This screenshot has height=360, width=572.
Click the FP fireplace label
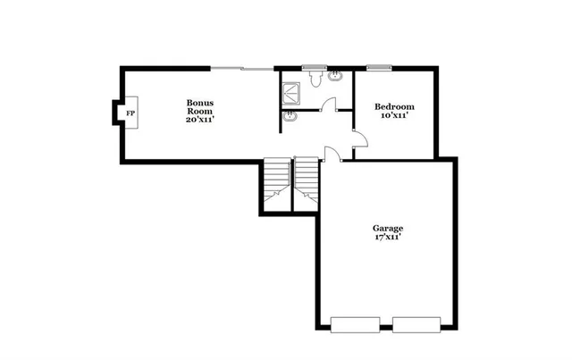(x=130, y=113)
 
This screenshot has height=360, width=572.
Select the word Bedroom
(x=394, y=106)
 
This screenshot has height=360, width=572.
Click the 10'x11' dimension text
(x=394, y=115)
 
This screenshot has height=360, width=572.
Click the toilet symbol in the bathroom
(x=315, y=80)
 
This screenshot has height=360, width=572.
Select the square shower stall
(x=291, y=90)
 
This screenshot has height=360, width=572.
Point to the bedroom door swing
(x=359, y=139)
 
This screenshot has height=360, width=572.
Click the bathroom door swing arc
(x=328, y=104)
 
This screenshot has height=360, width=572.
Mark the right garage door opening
(x=416, y=324)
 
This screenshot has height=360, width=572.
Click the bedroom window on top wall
(x=378, y=67)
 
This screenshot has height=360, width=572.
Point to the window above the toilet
(x=314, y=67)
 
